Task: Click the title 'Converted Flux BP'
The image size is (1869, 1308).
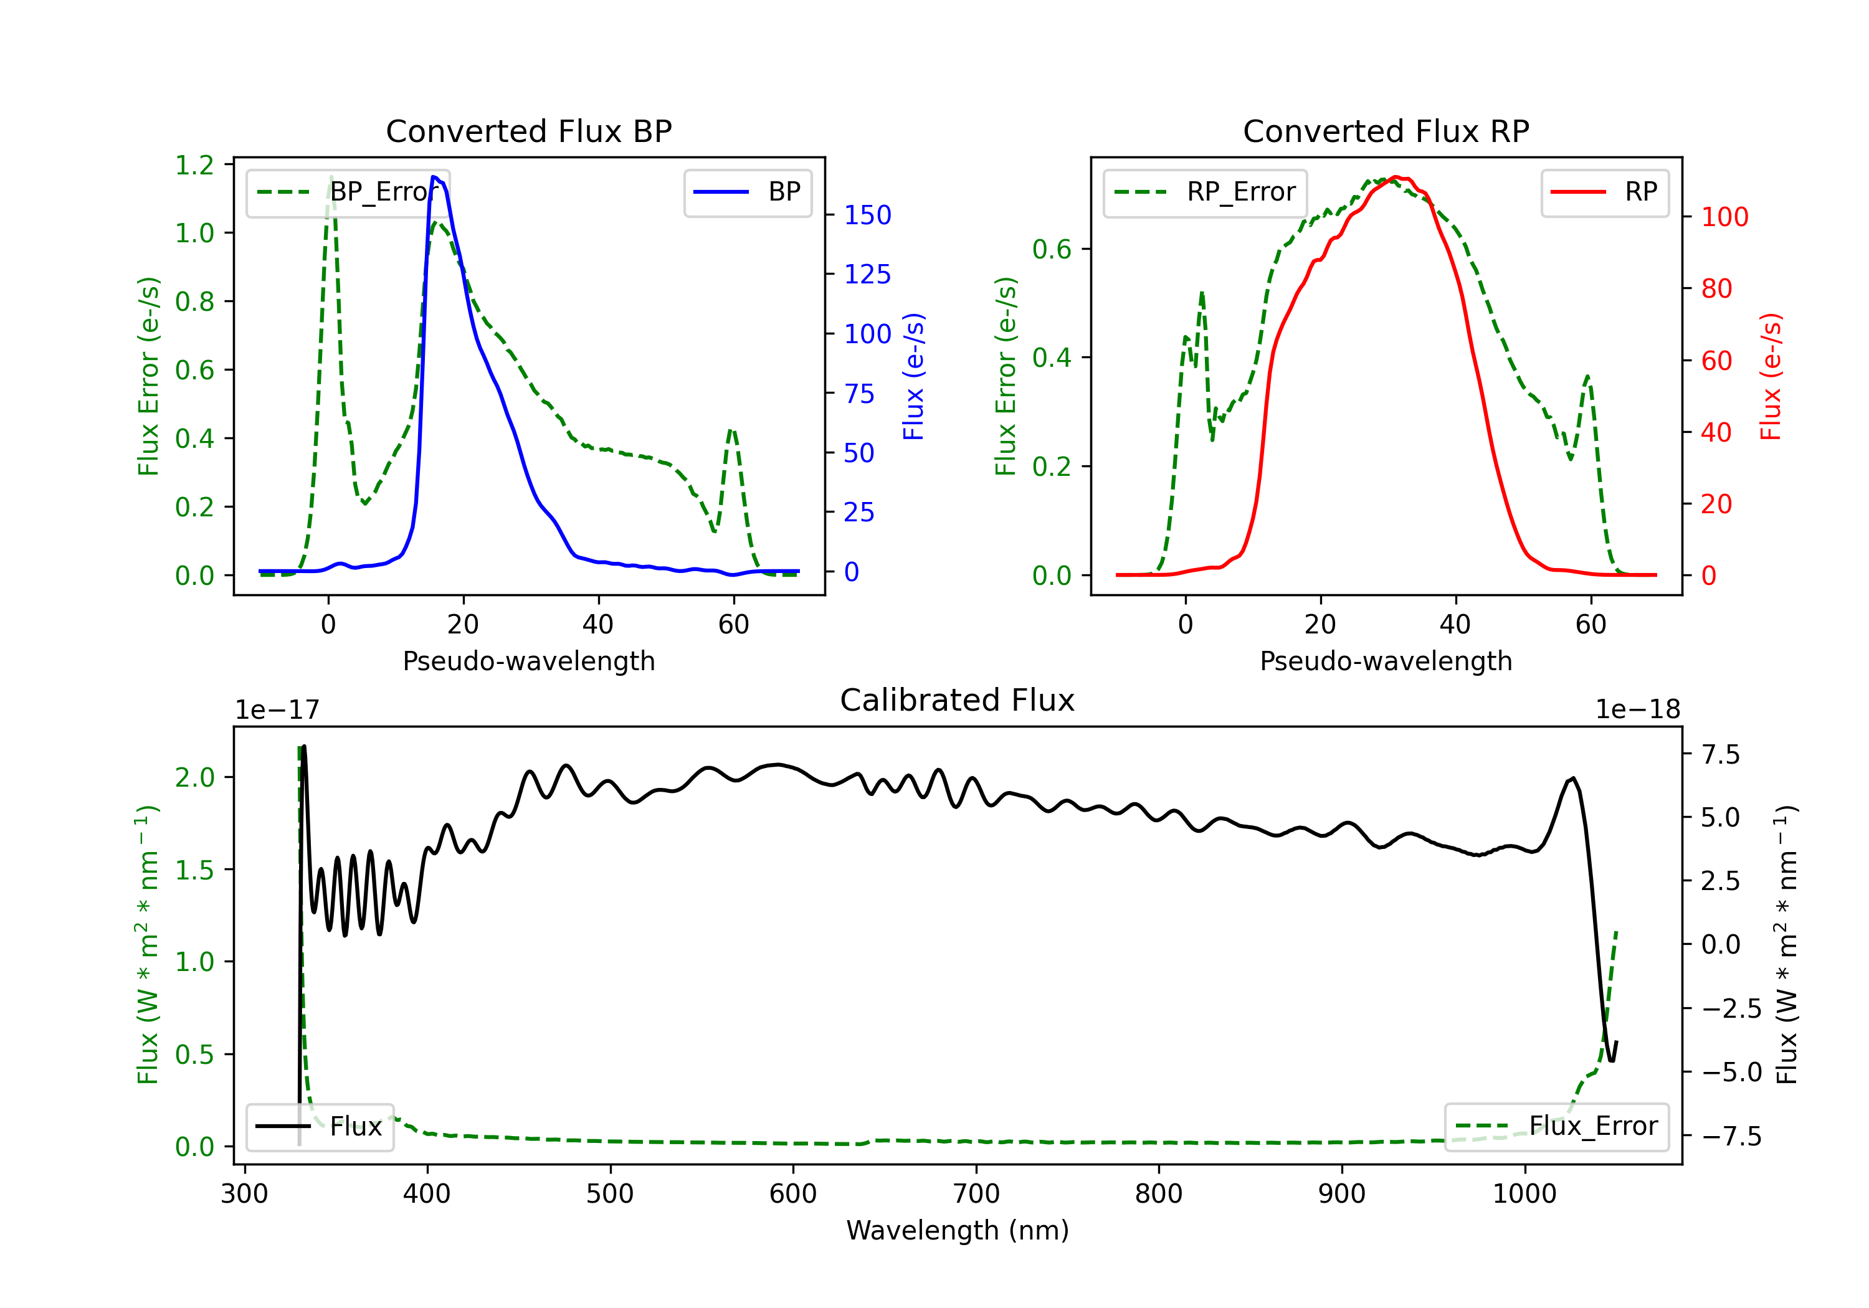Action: point(528,131)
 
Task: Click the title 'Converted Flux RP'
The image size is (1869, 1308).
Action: point(1386,131)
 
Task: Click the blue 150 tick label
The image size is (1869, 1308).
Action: point(867,215)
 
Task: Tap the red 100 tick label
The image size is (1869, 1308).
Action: point(1724,217)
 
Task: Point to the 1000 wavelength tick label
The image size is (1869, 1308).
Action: point(1524,1194)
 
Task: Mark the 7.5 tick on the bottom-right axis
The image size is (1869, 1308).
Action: point(1720,754)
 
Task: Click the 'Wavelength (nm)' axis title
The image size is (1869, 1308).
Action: point(958,1231)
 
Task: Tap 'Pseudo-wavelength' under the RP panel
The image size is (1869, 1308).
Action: point(1386,661)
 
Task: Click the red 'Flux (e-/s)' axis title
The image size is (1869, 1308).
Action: point(1771,376)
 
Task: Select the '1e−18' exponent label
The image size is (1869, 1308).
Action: point(1637,710)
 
